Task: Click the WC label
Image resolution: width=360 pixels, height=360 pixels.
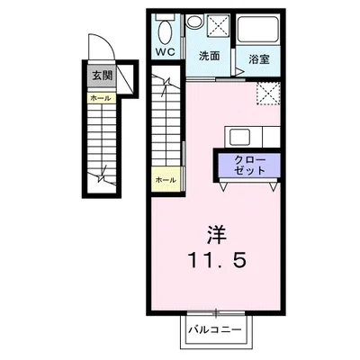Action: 165,52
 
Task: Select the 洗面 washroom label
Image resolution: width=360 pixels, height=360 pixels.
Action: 210,56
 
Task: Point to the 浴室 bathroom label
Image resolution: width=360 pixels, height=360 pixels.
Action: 259,59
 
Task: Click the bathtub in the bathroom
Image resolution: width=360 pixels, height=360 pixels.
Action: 258,30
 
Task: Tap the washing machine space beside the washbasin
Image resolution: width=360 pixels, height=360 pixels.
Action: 218,26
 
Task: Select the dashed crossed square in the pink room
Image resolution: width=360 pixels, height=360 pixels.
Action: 268,93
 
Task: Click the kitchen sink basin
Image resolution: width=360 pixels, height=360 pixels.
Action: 240,137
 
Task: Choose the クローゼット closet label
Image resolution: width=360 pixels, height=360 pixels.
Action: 249,166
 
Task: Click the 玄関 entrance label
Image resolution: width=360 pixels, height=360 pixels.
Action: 102,76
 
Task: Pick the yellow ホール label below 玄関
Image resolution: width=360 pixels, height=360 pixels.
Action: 101,98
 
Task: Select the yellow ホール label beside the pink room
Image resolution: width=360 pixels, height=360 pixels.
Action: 166,180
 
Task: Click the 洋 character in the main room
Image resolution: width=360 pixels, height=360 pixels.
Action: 217,235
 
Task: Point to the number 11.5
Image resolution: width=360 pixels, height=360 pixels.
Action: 217,259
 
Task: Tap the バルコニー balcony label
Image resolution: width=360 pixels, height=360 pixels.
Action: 215,330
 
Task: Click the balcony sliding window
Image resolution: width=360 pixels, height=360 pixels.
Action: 216,313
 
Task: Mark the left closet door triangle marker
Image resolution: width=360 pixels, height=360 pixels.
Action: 223,186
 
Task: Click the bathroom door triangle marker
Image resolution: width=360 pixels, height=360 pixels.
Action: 239,71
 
